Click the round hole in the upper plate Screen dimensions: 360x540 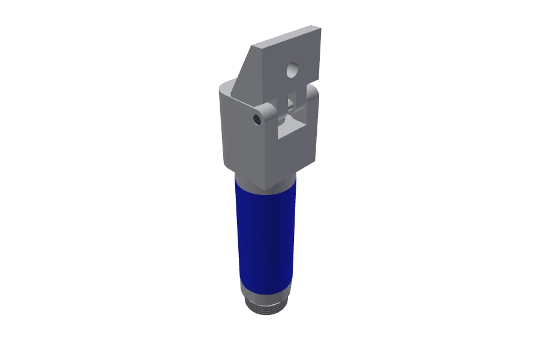click(293, 71)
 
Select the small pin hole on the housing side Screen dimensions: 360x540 click(257, 119)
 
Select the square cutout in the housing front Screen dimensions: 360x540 click(290, 121)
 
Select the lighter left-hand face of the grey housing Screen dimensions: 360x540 click(243, 144)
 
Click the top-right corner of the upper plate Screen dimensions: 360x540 click(319, 28)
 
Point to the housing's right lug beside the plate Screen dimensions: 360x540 click(312, 96)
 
